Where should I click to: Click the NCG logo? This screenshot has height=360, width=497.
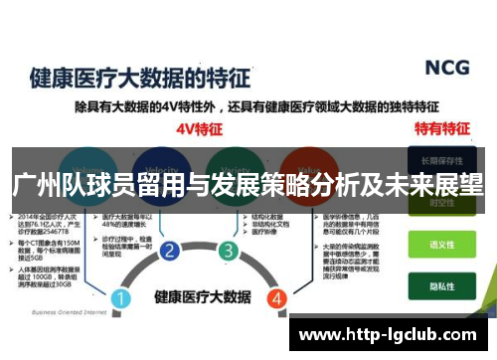446,69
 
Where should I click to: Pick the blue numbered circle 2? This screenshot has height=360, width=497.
169,250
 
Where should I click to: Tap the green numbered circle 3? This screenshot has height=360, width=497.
229,250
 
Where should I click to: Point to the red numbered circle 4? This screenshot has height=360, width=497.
276,270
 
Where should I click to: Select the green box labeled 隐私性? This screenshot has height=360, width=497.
439,281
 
